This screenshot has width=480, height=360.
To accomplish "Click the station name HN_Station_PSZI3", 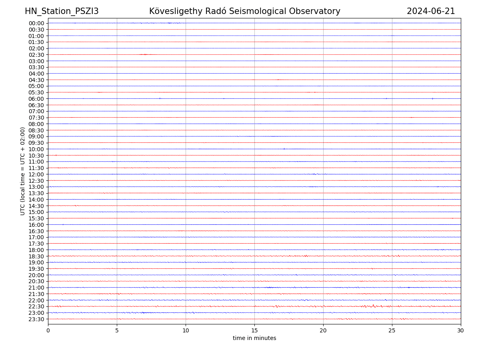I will [x=62, y=11].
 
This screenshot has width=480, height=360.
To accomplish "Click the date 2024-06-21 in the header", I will [x=431, y=11].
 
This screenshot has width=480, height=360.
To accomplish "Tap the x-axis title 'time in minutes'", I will [x=254, y=338].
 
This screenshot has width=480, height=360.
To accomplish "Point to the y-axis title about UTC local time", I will [x=23, y=171].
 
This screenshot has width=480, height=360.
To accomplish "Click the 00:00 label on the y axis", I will [x=36, y=23].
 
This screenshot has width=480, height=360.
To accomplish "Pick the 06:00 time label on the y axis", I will [x=36, y=99].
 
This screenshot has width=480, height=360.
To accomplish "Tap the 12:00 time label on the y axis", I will [x=36, y=174].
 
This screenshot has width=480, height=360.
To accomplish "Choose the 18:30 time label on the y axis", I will [x=36, y=256].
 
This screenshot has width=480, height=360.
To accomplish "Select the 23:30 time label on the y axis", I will [x=36, y=319].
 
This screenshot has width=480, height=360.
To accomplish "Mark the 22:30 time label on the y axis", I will [x=36, y=307].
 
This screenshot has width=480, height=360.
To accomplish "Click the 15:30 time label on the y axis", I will [x=36, y=218].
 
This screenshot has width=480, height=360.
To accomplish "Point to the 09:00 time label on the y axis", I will [x=36, y=136].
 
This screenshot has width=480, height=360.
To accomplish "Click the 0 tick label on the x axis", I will [x=48, y=330].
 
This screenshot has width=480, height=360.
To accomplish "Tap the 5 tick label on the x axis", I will [x=117, y=330].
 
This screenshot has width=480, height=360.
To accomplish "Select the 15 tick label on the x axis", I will [x=254, y=330].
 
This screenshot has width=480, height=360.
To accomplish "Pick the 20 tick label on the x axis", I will [x=323, y=330].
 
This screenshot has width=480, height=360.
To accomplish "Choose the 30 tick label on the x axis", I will [x=461, y=330].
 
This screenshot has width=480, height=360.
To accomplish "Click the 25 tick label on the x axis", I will [x=392, y=330].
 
